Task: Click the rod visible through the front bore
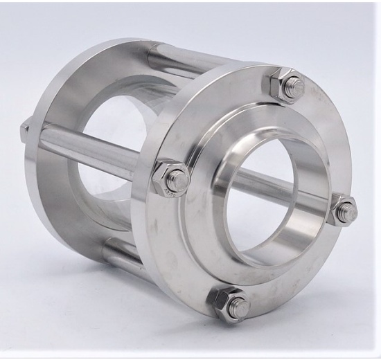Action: [277, 191]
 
